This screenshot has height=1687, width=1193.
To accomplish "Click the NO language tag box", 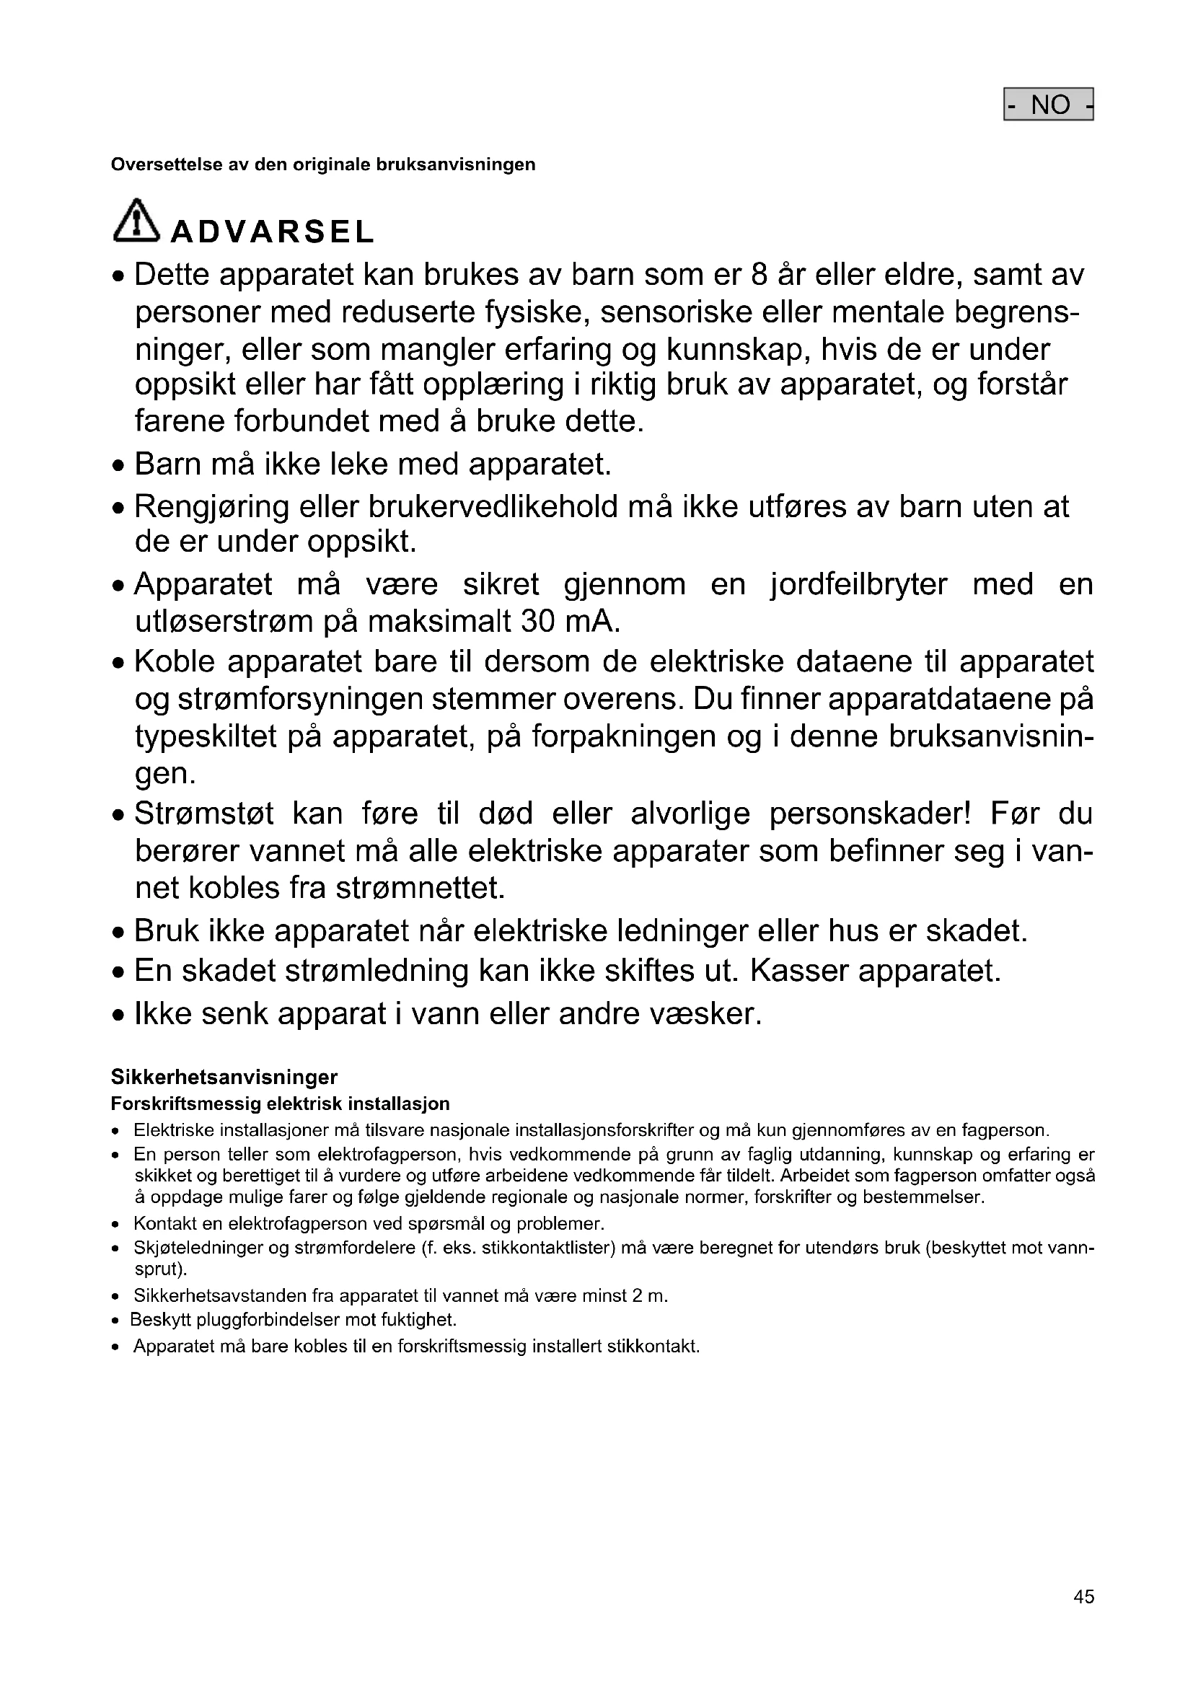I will (1048, 105).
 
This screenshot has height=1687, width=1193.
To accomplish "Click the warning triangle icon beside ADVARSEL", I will (136, 221).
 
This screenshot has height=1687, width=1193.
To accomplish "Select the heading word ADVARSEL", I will (273, 232).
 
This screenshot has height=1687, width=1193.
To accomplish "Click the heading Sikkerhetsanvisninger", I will (224, 1077).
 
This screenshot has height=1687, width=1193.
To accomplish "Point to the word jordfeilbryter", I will (859, 585).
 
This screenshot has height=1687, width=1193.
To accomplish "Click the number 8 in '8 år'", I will (760, 275).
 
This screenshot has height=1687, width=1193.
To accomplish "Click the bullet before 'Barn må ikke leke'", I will (118, 467).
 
